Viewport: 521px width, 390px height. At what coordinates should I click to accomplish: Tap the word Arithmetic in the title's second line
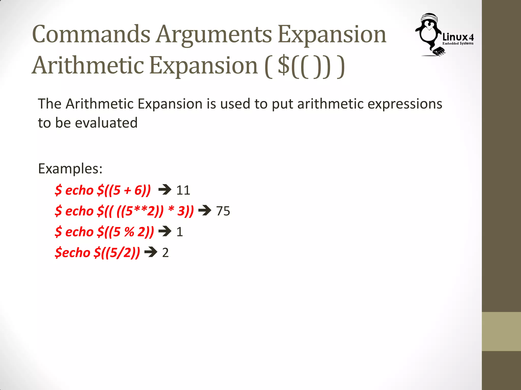[88, 66]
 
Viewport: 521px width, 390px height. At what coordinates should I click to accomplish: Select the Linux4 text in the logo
[458, 37]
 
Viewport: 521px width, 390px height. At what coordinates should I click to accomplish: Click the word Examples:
[70, 168]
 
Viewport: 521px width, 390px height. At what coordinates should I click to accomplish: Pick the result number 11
[183, 190]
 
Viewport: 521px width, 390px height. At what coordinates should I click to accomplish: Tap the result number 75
[223, 211]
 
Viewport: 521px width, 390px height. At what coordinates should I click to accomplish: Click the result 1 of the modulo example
[180, 232]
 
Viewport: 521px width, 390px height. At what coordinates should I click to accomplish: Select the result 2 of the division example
[165, 253]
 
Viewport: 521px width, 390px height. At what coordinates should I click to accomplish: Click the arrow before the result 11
[165, 190]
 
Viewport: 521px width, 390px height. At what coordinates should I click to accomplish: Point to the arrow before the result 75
[205, 210]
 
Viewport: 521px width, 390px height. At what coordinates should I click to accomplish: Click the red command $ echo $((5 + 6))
[103, 190]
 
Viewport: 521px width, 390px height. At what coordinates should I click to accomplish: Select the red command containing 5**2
[124, 211]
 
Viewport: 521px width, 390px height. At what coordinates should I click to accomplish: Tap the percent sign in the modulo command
[129, 232]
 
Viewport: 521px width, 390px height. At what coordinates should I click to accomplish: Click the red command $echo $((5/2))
[97, 253]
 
